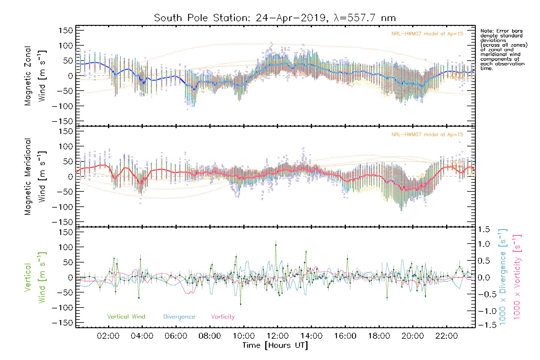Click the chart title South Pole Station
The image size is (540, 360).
click(274, 18)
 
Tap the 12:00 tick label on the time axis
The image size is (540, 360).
click(277, 336)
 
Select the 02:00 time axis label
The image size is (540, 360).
click(108, 336)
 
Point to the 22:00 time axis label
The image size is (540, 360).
click(446, 336)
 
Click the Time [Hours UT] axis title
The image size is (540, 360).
click(275, 345)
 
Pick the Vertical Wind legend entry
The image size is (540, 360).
click(126, 317)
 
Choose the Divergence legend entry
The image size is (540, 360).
click(179, 317)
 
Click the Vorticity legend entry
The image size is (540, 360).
click(223, 317)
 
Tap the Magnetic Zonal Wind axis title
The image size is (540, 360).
click(35, 76)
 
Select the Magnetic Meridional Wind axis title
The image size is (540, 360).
click(35, 177)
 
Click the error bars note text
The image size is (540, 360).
click(503, 49)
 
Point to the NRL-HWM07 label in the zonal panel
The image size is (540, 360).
click(427, 34)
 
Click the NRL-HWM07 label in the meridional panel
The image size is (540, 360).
click(427, 135)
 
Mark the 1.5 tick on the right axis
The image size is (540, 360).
click(484, 229)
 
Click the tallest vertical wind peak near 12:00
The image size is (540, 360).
click(276, 245)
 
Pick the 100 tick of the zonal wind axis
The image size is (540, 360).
click(66, 46)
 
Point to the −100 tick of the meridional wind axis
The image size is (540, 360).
click(63, 207)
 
